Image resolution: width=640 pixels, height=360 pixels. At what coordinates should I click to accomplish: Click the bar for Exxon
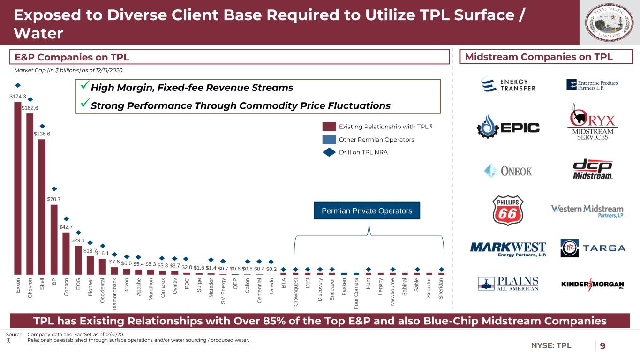[x=18, y=187]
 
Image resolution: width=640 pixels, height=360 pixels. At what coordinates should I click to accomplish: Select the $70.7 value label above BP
[x=54, y=199]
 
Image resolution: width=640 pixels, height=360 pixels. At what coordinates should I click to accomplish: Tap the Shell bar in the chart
[x=42, y=206]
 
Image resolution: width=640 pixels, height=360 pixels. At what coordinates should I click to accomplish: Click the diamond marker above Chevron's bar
[x=30, y=99]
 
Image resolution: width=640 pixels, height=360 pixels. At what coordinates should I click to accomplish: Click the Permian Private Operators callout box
[x=367, y=211]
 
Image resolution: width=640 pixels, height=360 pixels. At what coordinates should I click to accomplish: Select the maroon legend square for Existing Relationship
[x=329, y=127]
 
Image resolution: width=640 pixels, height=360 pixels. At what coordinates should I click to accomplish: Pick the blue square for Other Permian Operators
[x=329, y=140]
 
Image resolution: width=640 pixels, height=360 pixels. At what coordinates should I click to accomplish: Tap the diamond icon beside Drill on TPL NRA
[x=329, y=152]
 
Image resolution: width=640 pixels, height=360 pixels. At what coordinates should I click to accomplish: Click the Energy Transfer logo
[x=508, y=84]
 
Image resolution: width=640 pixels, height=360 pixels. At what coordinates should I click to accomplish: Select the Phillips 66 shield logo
[x=508, y=211]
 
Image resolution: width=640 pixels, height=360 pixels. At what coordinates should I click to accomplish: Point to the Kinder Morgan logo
[x=593, y=285]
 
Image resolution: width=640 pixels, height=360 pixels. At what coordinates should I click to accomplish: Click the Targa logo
[x=593, y=247]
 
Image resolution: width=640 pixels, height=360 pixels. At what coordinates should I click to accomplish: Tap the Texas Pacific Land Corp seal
[x=608, y=22]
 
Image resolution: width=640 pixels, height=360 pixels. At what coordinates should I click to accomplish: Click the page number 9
[x=602, y=346]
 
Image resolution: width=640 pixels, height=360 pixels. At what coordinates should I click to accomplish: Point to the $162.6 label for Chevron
[x=30, y=108]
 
